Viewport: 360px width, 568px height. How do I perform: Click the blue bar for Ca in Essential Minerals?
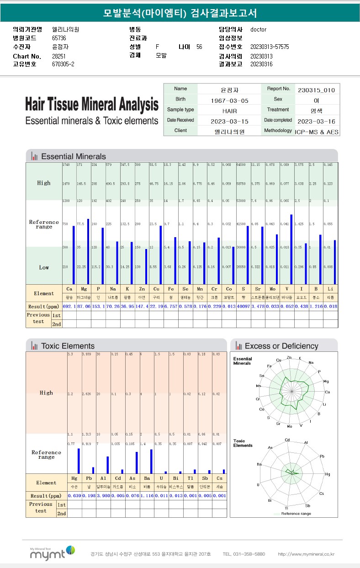(73, 255)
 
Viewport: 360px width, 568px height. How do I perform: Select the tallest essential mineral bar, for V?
(291, 249)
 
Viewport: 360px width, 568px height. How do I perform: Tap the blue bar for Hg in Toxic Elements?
(79, 461)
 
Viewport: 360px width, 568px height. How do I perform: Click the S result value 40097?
(243, 305)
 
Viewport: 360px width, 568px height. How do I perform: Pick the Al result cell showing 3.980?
(104, 495)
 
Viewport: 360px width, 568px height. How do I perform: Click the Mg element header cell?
(84, 289)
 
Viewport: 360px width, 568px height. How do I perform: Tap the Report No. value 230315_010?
(316, 90)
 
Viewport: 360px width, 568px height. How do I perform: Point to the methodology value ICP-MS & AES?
(317, 132)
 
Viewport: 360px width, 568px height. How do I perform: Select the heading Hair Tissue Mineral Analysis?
(92, 105)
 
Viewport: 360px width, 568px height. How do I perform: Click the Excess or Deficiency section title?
(281, 346)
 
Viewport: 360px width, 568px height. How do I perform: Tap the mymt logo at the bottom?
(53, 553)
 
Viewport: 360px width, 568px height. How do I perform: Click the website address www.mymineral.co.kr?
(306, 554)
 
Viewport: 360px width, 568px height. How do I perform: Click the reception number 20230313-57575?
(270, 47)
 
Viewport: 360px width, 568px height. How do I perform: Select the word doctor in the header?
(258, 30)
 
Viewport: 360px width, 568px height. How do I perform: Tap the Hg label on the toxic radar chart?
(327, 475)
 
